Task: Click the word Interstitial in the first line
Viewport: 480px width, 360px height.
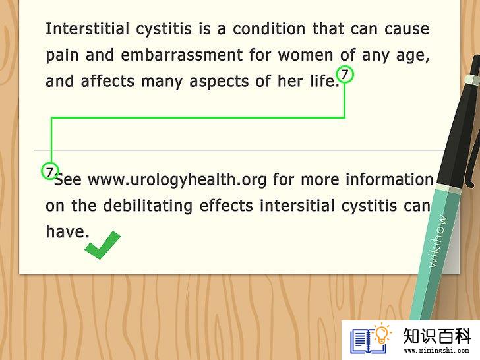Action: point(87,29)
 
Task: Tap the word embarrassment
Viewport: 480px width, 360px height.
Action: point(182,55)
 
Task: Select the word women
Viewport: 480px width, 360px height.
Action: point(305,55)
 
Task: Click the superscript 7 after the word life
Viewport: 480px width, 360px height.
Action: point(345,75)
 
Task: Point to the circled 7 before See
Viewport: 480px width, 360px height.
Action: point(49,171)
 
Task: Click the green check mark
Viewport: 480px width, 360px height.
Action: point(103,245)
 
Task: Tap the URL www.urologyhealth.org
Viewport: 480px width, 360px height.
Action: point(177,180)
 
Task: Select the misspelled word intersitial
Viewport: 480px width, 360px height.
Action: point(297,206)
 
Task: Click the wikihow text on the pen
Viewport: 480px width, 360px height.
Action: point(438,241)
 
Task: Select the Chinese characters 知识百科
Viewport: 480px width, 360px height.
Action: point(437,336)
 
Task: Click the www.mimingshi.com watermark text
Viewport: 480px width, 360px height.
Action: point(436,351)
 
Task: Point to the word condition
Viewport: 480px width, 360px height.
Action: point(269,29)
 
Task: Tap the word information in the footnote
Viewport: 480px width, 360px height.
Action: point(390,179)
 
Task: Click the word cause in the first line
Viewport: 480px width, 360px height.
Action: point(407,30)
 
